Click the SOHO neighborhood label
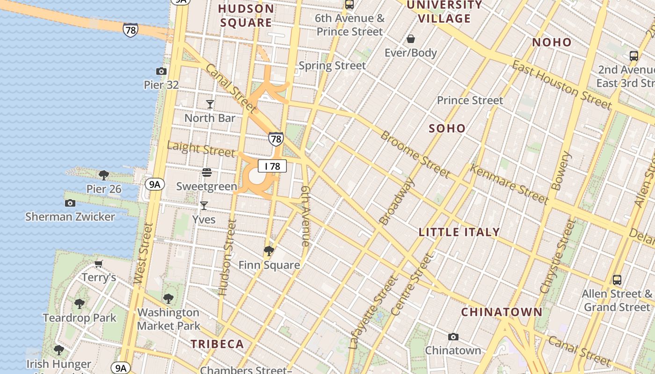tap(447, 129)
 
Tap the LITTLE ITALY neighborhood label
tap(459, 232)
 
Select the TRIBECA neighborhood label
tap(218, 345)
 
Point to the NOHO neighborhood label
tap(552, 43)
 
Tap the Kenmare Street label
tap(509, 185)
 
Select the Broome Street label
tap(415, 154)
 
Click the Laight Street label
tap(201, 149)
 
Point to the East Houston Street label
tap(561, 85)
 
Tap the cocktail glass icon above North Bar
tap(210, 104)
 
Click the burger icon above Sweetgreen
tap(207, 173)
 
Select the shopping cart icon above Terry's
tap(99, 264)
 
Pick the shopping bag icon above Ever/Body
tap(411, 39)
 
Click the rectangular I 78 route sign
tap(272, 166)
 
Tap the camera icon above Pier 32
tap(161, 71)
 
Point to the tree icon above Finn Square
tap(269, 251)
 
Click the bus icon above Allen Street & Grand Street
tap(617, 280)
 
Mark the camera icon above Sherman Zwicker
tap(70, 203)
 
